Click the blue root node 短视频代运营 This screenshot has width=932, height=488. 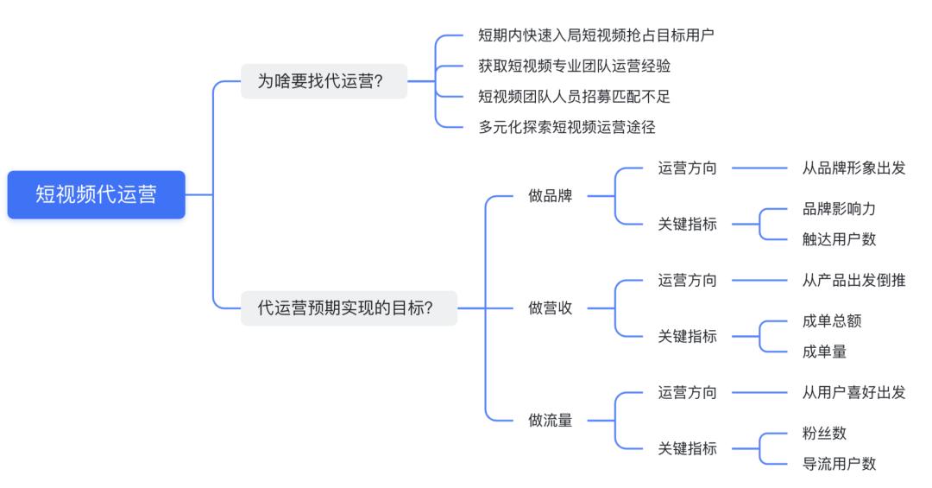(96, 194)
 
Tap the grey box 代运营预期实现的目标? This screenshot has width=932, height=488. (348, 307)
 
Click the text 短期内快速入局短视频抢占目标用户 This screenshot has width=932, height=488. (596, 35)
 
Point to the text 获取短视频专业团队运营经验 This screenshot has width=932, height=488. (574, 66)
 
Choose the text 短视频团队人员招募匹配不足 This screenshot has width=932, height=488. (574, 96)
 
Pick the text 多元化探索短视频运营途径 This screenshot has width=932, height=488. (567, 127)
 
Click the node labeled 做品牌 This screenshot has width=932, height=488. (550, 195)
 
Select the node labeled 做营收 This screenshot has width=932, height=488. (550, 307)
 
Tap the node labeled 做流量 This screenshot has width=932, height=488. (550, 421)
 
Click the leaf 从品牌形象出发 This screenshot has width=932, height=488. (853, 168)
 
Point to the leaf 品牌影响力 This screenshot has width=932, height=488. (839, 209)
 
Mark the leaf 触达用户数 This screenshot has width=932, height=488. (839, 239)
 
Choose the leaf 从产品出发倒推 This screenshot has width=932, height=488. (853, 280)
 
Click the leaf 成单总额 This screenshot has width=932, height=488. (831, 321)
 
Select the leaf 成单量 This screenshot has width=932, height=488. (824, 352)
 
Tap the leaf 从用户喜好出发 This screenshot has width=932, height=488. (853, 392)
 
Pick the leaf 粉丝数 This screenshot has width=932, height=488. (824, 434)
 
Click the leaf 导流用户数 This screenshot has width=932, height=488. (839, 464)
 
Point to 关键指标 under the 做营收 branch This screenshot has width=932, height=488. (687, 336)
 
